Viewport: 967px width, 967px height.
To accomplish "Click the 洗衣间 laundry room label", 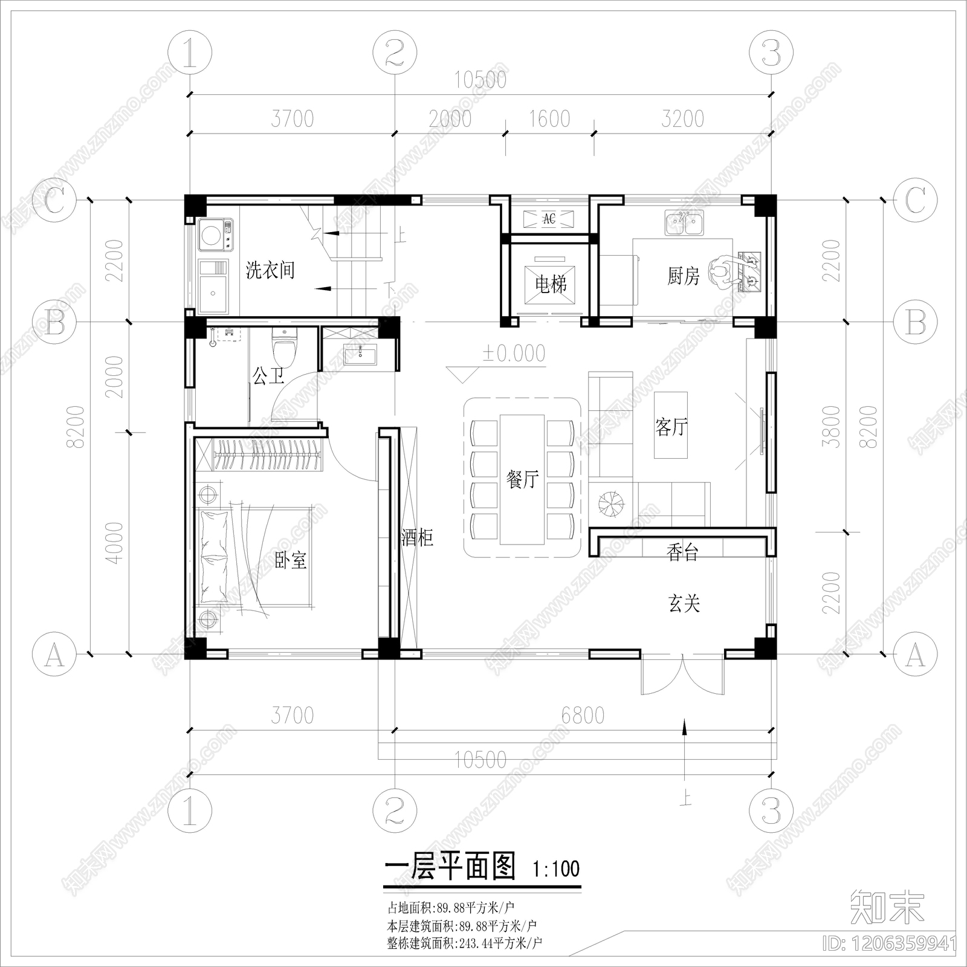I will pyautogui.click(x=270, y=270).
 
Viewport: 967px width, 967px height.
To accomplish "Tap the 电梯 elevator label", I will pyautogui.click(x=551, y=283).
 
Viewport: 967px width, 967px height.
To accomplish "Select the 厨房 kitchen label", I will pyautogui.click(x=683, y=276).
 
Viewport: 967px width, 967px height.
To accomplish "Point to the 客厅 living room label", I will pyautogui.click(x=671, y=427).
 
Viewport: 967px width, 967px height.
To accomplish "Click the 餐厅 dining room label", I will pyautogui.click(x=522, y=479).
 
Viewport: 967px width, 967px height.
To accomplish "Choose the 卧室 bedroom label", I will pyautogui.click(x=291, y=560).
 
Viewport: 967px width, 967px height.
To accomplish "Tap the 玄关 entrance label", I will pyautogui.click(x=684, y=603).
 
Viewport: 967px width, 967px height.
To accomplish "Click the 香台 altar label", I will pyautogui.click(x=682, y=551).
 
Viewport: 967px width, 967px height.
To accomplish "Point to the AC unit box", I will pyautogui.click(x=549, y=219).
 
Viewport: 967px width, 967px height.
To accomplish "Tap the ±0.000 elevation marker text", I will pyautogui.click(x=514, y=353).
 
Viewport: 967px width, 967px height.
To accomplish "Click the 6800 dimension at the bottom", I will pyautogui.click(x=583, y=715).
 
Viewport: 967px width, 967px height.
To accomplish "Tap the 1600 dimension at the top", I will pyautogui.click(x=549, y=118).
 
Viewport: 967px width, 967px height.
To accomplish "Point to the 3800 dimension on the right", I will pyautogui.click(x=833, y=426).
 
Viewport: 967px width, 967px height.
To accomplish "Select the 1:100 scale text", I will pyautogui.click(x=556, y=869).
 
